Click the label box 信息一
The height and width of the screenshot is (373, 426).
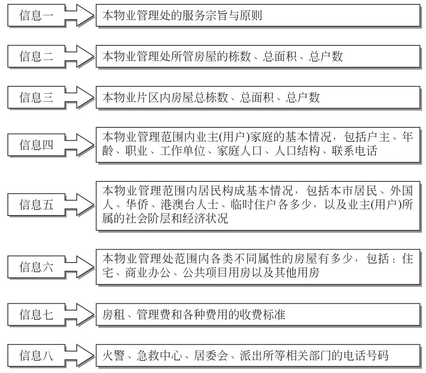pos(36,15)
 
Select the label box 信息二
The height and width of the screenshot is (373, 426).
pos(36,56)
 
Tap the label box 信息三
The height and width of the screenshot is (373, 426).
pos(36,97)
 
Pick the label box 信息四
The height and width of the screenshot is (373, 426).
pos(36,145)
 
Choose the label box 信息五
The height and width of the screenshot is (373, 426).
pos(36,205)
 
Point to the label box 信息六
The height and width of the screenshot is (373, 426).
pos(36,267)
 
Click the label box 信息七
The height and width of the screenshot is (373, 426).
pos(36,314)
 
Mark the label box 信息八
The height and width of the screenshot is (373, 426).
pos(36,355)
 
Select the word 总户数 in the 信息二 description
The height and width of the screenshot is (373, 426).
pos(326,56)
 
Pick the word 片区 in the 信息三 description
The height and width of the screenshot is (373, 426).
pos(148,98)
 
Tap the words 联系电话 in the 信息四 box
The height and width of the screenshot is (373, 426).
pos(354,151)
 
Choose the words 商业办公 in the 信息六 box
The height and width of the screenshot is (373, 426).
pos(148,272)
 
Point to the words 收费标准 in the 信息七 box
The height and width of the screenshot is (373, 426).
pos(262,315)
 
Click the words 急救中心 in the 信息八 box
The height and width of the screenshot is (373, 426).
pos(160,356)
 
